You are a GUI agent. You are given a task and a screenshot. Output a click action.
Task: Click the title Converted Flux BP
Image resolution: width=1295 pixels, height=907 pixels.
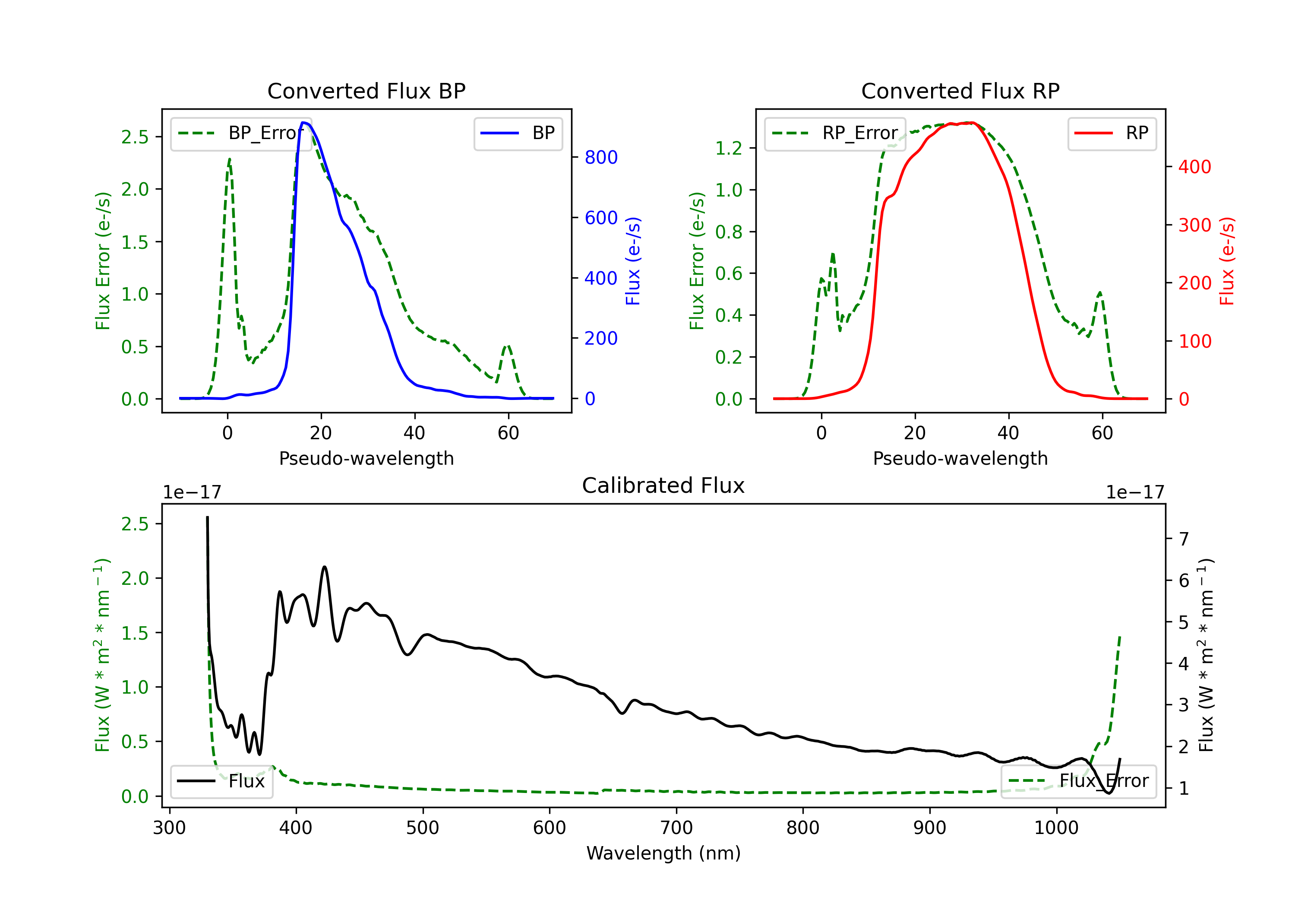[366, 91]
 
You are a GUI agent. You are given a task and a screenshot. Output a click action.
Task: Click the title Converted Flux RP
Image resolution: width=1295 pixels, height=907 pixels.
[960, 91]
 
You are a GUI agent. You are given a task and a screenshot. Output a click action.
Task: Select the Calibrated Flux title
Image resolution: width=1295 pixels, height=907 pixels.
[663, 485]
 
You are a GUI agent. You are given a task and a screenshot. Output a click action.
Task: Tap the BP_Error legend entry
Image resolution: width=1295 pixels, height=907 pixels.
[241, 133]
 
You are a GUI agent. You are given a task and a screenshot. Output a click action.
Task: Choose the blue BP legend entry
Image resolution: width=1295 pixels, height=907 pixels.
[518, 133]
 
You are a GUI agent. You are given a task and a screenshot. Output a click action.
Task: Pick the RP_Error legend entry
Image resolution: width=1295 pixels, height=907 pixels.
[835, 133]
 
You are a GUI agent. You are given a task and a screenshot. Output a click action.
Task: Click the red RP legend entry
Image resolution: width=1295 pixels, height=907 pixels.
[1112, 133]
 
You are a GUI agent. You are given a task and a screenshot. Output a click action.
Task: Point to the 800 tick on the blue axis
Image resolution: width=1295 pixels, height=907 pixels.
[601, 158]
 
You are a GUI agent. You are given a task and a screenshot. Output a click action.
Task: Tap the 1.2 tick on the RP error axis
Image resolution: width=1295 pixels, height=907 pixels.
[729, 149]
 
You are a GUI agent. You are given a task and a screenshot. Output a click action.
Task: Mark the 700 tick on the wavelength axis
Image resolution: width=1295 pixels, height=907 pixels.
[676, 828]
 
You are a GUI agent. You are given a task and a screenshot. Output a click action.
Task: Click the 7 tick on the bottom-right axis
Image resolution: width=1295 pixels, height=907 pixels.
[1184, 539]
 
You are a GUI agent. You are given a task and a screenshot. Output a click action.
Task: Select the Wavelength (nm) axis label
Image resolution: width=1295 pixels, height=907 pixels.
[663, 853]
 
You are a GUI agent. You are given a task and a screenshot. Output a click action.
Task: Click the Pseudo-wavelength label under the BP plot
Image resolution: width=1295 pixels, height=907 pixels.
[366, 458]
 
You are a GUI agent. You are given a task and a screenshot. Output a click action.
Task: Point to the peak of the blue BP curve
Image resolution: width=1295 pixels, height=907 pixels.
[303, 123]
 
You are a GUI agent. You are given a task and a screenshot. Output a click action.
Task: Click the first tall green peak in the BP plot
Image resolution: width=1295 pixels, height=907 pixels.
[229, 159]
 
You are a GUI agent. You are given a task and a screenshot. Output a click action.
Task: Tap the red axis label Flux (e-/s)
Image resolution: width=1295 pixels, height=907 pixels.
[1227, 261]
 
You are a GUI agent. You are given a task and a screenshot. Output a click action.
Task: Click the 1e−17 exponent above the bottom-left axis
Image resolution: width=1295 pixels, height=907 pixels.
[192, 492]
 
